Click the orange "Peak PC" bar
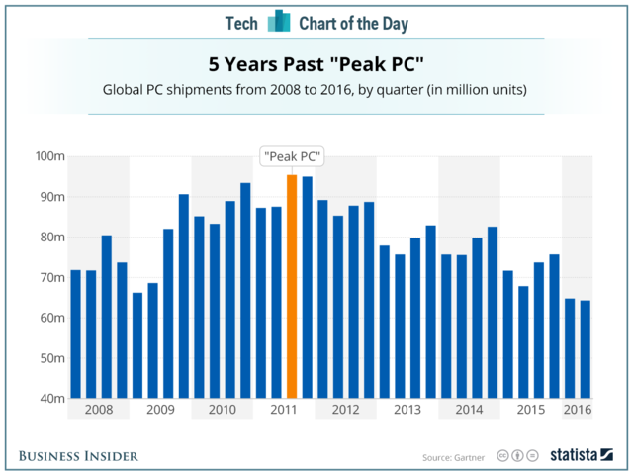click(x=292, y=286)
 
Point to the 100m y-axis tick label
click(x=48, y=156)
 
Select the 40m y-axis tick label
click(x=51, y=399)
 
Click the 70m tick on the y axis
click(x=51, y=277)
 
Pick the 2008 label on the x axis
click(x=99, y=409)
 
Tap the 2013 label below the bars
click(x=407, y=409)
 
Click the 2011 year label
click(x=284, y=409)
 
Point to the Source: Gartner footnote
click(x=454, y=456)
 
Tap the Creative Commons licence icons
click(x=516, y=455)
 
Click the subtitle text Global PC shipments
click(x=316, y=90)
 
